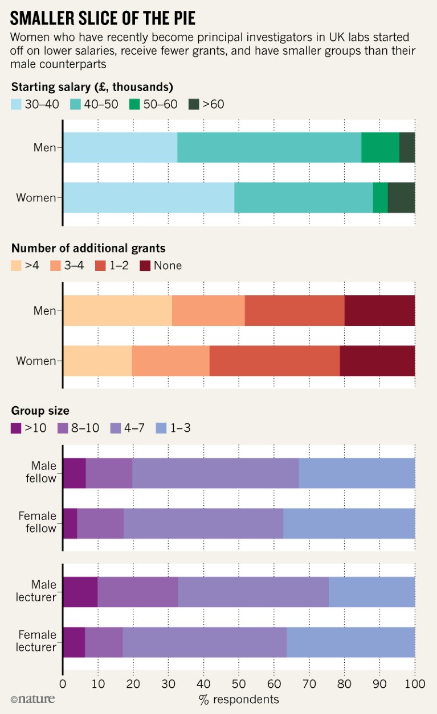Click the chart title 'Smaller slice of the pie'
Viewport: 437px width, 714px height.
(x=103, y=18)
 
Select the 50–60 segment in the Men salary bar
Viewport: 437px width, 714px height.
(x=380, y=147)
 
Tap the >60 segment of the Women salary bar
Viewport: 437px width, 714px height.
(x=401, y=197)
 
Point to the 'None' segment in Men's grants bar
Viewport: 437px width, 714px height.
(x=379, y=311)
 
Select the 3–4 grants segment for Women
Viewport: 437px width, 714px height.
(x=170, y=361)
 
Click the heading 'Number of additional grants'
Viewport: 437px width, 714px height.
(x=88, y=247)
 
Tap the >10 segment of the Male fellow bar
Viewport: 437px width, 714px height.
(x=74, y=472)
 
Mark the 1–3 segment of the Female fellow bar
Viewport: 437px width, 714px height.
(x=349, y=522)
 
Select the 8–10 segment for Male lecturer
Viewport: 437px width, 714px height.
(x=137, y=592)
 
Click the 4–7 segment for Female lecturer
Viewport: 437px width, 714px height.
(x=205, y=642)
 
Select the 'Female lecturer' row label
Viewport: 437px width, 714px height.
(x=38, y=641)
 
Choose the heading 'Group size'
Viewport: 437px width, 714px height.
(x=40, y=410)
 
